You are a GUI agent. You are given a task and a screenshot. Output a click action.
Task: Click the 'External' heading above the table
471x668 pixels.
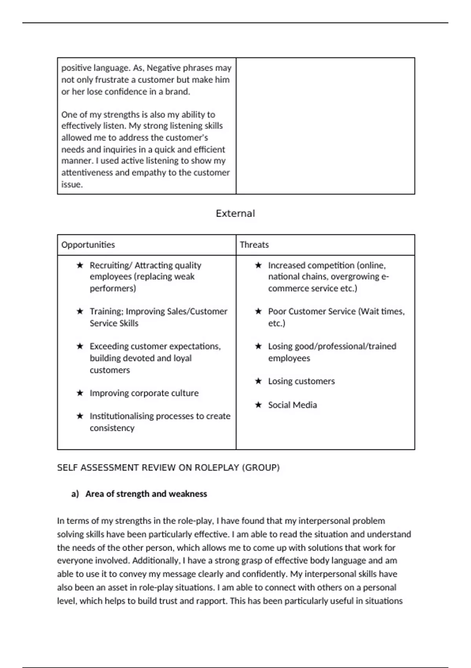click(235, 213)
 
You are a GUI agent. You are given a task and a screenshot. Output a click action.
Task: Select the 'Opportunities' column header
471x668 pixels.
click(88, 245)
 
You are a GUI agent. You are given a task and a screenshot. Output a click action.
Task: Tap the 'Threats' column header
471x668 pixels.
click(254, 245)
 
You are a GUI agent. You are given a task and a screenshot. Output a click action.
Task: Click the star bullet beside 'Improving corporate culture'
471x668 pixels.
click(80, 393)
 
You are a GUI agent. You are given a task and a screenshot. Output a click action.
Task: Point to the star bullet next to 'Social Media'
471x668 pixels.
click(258, 405)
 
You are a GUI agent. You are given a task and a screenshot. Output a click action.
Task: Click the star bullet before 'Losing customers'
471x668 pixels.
click(258, 381)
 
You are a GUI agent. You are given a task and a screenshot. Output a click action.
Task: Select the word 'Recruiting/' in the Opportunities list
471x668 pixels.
click(111, 265)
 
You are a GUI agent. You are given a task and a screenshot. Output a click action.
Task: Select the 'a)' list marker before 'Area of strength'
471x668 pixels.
click(75, 494)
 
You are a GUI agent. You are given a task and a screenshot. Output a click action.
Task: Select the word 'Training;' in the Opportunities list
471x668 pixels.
click(106, 312)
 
